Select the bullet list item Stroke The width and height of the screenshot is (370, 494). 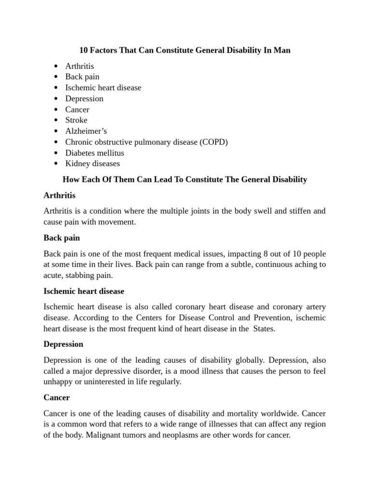pyautogui.click(x=76, y=120)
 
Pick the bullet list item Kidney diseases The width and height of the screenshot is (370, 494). pyautogui.click(x=92, y=164)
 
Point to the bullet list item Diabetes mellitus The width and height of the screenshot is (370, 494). pyautogui.click(x=94, y=153)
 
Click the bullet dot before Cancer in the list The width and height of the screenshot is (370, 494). pyautogui.click(x=56, y=110)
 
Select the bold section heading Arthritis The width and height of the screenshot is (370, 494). pyautogui.click(x=59, y=196)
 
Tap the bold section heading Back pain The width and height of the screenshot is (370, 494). pyautogui.click(x=62, y=238)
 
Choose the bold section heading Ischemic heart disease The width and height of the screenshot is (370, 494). pyautogui.click(x=84, y=291)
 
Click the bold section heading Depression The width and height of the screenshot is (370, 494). pyautogui.click(x=63, y=344)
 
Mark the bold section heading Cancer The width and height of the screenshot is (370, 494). pyautogui.click(x=56, y=398)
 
